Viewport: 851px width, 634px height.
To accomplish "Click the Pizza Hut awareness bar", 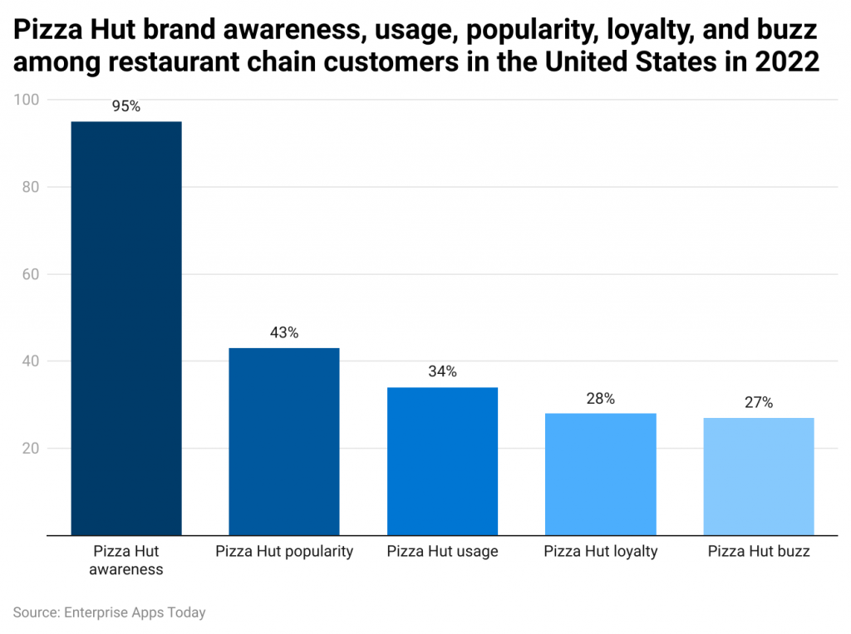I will point(126,328).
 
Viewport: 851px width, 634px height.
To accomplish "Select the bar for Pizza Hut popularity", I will point(284,441).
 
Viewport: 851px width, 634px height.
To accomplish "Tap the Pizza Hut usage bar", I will point(442,461).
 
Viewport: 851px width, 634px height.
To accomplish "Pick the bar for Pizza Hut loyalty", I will point(600,474).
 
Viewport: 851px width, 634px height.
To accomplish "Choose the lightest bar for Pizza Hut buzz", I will point(758,476).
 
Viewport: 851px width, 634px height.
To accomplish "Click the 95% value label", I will point(126,106).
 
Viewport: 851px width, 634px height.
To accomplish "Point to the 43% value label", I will point(284,332).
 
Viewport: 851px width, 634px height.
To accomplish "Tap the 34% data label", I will point(442,371).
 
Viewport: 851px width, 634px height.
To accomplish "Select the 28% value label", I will point(600,398).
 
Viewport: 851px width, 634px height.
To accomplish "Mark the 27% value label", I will point(758,403).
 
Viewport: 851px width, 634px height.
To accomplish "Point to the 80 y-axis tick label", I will point(31,187).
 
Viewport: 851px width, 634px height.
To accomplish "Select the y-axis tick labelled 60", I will point(31,274).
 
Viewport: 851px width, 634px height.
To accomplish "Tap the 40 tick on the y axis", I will point(31,361).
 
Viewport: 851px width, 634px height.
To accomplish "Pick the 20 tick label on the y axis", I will point(31,449).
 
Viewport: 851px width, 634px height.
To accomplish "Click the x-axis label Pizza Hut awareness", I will point(126,560).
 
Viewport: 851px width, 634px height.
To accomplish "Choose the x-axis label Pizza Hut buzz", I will point(758,552).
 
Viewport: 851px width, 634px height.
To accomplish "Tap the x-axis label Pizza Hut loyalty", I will point(600,552).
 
